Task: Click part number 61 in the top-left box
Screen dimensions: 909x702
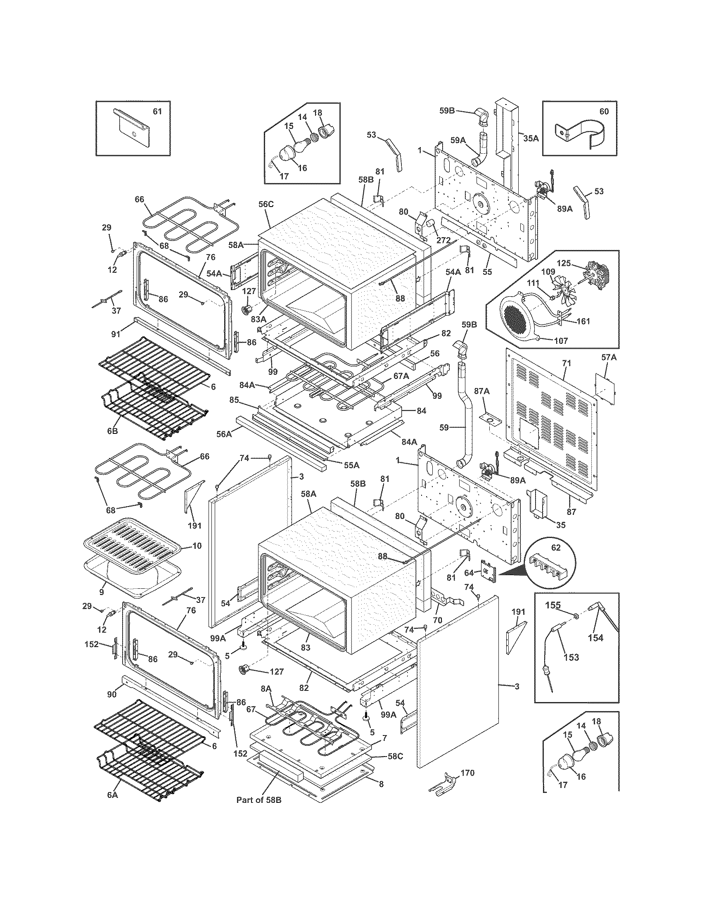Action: click(x=157, y=111)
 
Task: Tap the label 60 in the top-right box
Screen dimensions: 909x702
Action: click(x=603, y=111)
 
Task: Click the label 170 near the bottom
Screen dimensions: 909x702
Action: click(x=467, y=773)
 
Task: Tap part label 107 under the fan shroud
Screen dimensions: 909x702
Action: click(x=560, y=340)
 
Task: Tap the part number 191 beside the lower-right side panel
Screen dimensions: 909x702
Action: click(x=518, y=612)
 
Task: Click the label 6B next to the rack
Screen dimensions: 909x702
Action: click(x=112, y=431)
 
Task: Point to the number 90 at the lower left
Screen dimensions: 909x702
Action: click(x=111, y=694)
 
